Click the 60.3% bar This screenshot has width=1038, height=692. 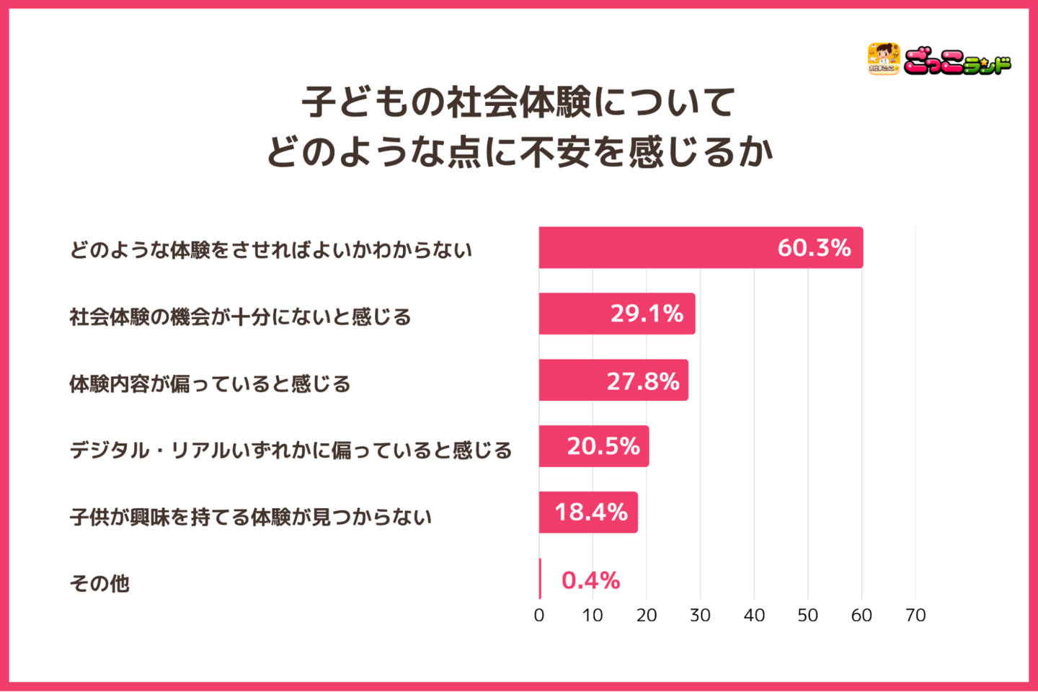pyautogui.click(x=701, y=248)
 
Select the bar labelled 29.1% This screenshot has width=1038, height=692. pyautogui.click(x=617, y=314)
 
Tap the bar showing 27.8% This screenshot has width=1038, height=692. pyautogui.click(x=613, y=380)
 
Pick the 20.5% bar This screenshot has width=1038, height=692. pyautogui.click(x=594, y=446)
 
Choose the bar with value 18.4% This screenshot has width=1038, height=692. pyautogui.click(x=588, y=513)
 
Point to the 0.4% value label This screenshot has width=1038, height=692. pyautogui.click(x=590, y=580)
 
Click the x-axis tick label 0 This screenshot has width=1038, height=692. pyautogui.click(x=539, y=616)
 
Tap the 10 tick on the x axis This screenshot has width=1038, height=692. pyautogui.click(x=593, y=616)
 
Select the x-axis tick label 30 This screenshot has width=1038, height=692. pyautogui.click(x=700, y=616)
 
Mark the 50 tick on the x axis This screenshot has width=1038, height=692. pyautogui.click(x=807, y=616)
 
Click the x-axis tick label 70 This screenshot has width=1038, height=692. pyautogui.click(x=915, y=616)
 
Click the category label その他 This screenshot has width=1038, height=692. pyautogui.click(x=99, y=583)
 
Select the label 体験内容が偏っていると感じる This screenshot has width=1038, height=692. pyautogui.click(x=210, y=383)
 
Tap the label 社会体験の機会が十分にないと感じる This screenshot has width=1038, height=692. pyautogui.click(x=240, y=317)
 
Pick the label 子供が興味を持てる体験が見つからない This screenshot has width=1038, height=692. pyautogui.click(x=250, y=517)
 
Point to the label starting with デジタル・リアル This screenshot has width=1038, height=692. pyautogui.click(x=290, y=451)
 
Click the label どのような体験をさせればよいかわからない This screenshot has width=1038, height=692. pyautogui.click(x=270, y=250)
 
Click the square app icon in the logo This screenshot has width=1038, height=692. pyautogui.click(x=883, y=59)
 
